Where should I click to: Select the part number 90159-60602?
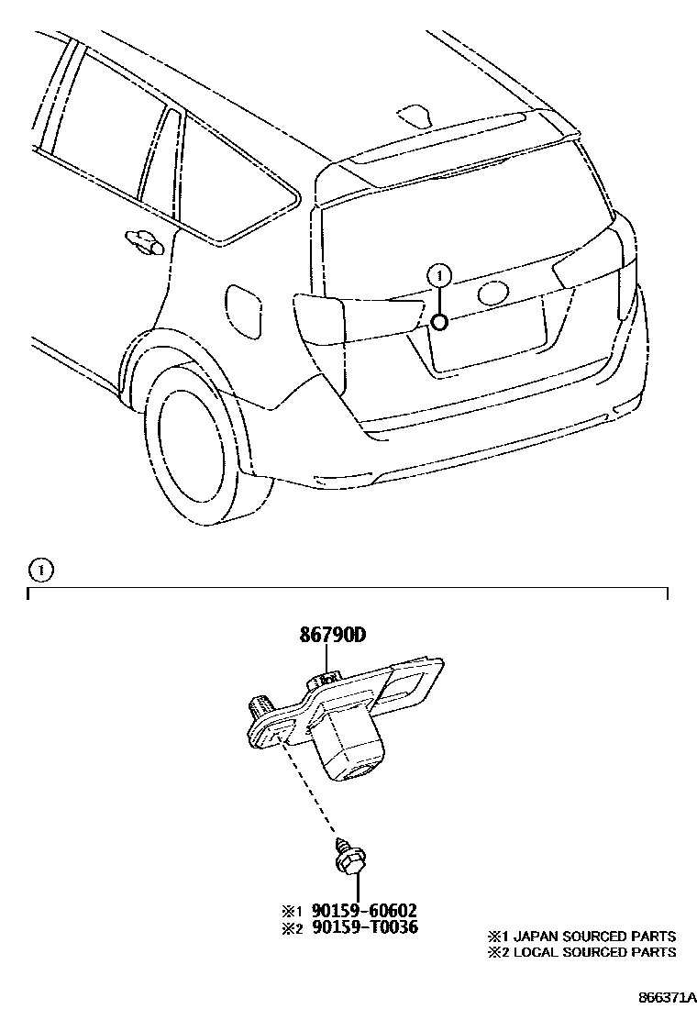coord(364,911)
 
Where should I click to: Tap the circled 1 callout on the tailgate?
coord(440,274)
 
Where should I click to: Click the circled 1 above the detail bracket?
coord(40,570)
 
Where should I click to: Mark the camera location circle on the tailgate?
coord(439,321)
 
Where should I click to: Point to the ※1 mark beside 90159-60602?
coord(291,911)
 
